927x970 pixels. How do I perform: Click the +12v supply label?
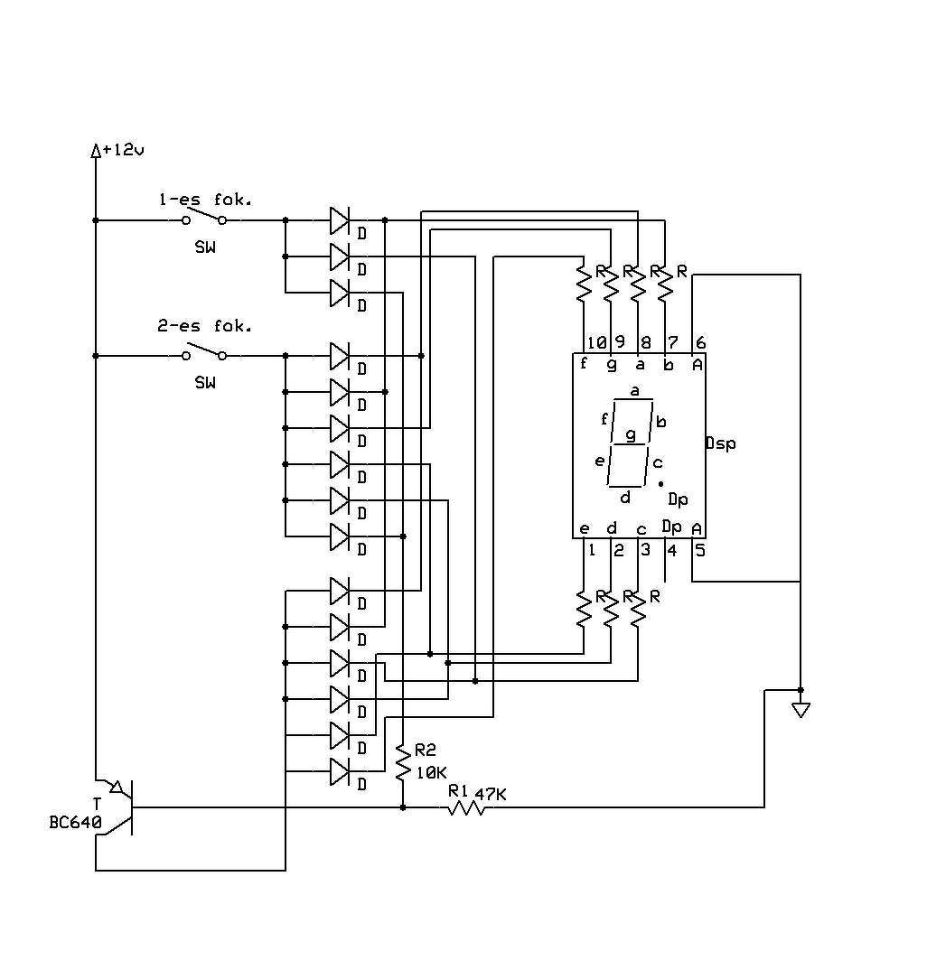[x=123, y=149]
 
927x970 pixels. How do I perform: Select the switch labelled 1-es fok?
[x=204, y=217]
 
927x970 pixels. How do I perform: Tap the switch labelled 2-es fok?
[x=204, y=352]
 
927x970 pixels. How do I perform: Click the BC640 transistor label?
[x=75, y=823]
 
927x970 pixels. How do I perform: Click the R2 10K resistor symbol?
[x=403, y=763]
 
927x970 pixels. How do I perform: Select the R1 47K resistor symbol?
[x=466, y=807]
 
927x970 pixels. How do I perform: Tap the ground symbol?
[x=801, y=710]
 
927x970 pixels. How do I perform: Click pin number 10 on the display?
[x=596, y=342]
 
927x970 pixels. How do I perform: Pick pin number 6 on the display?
[x=700, y=342]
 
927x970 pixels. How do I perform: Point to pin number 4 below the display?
[x=672, y=550]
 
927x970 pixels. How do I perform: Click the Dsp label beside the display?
[x=721, y=443]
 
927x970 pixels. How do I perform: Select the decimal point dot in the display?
[x=660, y=483]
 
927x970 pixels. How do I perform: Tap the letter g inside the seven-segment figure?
[x=631, y=435]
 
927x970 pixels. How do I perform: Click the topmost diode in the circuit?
[x=339, y=221]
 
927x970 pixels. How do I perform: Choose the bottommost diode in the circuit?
[x=339, y=771]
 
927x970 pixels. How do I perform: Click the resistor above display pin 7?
[x=665, y=284]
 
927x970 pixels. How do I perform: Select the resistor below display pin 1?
[x=584, y=609]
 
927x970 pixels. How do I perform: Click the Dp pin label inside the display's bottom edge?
[x=671, y=527]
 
